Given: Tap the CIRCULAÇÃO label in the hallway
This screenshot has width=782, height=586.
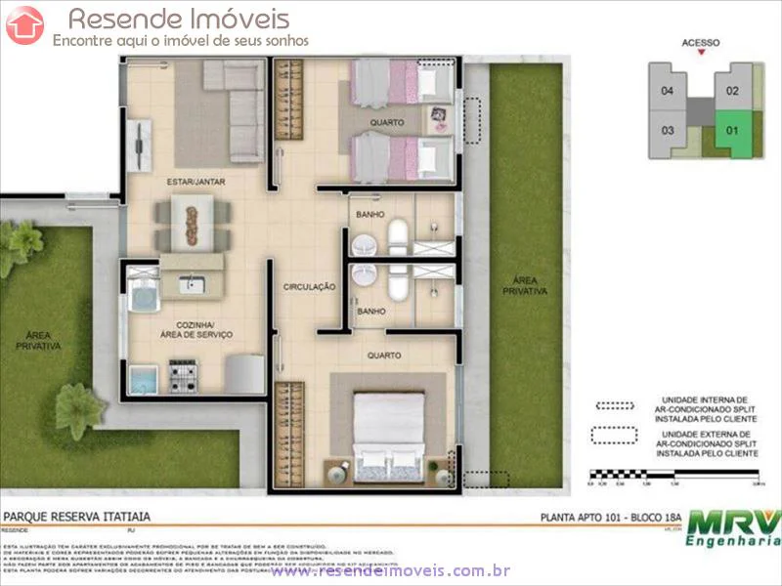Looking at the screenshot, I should [x=310, y=287].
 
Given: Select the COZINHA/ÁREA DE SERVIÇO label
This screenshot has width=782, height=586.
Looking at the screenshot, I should [x=196, y=329].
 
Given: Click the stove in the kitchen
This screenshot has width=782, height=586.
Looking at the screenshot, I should [x=184, y=374].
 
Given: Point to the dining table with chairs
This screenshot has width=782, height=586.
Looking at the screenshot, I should [x=192, y=223].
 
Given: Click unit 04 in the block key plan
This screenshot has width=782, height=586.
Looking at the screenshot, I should [x=668, y=92].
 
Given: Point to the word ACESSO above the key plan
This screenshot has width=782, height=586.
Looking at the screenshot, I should [x=701, y=43].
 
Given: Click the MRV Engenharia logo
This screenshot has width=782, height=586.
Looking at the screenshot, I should [x=733, y=527].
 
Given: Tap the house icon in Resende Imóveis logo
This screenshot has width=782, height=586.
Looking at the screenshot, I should [x=24, y=25].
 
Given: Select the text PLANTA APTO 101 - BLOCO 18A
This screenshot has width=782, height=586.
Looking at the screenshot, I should [x=611, y=518].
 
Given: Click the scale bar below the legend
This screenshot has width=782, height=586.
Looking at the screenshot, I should [x=674, y=477].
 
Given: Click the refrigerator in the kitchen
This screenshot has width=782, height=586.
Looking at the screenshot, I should [x=244, y=373].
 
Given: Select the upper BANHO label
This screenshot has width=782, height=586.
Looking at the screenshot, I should [x=369, y=213].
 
